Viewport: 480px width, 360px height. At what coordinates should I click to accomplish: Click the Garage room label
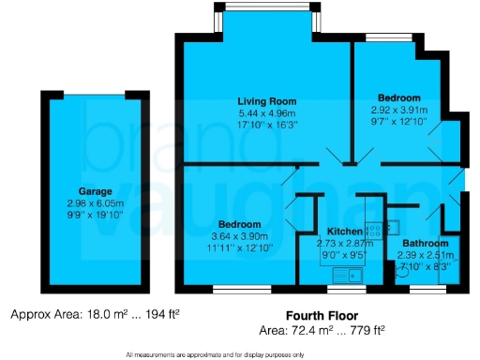[x=82, y=191]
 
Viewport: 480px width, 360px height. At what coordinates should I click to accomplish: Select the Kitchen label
[x=342, y=231]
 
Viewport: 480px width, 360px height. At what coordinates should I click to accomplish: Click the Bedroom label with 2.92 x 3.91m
[x=398, y=97]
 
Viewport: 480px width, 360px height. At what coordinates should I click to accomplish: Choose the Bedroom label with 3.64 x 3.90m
[x=239, y=225]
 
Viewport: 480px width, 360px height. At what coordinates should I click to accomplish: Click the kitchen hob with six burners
[x=374, y=227]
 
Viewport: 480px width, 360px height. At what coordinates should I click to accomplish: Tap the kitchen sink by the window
[x=348, y=275]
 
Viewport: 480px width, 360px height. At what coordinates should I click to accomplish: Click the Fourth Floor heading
[x=322, y=316]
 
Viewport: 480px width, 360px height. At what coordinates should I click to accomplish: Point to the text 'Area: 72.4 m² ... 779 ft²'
[x=322, y=331]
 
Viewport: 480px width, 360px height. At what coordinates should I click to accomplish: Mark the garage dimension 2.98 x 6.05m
[x=82, y=203]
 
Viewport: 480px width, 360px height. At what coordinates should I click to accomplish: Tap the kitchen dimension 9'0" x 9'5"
[x=342, y=253]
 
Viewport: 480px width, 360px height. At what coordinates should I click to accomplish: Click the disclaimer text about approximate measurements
[x=239, y=354]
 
